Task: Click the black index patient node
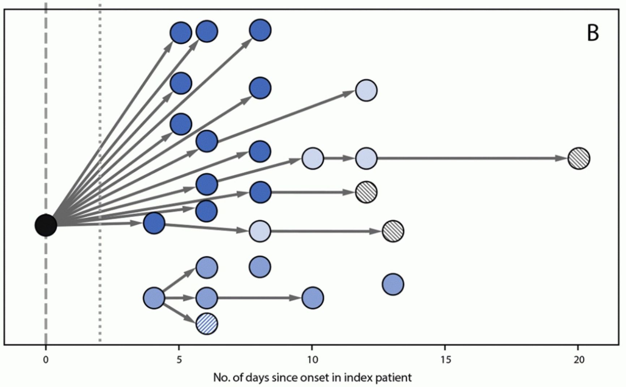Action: pos(46,225)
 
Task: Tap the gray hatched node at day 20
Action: pos(579,158)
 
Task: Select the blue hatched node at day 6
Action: pos(207,324)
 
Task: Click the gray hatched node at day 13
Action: pos(393,231)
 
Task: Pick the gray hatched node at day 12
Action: pos(366,192)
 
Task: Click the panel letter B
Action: pos(593,33)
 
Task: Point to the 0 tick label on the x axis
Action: pos(46,360)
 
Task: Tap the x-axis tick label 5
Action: pos(179,360)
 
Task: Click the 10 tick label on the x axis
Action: pos(312,360)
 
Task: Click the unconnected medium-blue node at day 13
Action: pos(393,284)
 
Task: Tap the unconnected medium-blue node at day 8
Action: pos(260,267)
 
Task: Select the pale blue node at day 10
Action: pos(313,158)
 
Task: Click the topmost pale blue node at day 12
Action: pos(366,90)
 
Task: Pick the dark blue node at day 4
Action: pos(154,223)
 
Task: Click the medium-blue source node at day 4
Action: pos(154,298)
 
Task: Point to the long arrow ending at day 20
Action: pos(470,158)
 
